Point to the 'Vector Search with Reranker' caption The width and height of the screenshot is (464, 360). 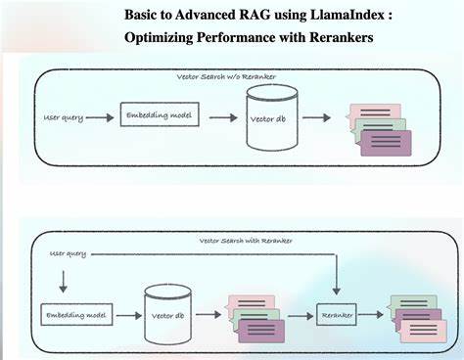(246, 240)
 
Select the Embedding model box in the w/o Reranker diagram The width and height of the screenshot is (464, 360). (158, 116)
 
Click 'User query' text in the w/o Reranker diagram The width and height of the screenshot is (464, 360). (63, 117)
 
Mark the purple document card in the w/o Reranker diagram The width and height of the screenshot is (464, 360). (386, 144)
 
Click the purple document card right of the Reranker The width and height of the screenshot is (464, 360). (425, 332)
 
